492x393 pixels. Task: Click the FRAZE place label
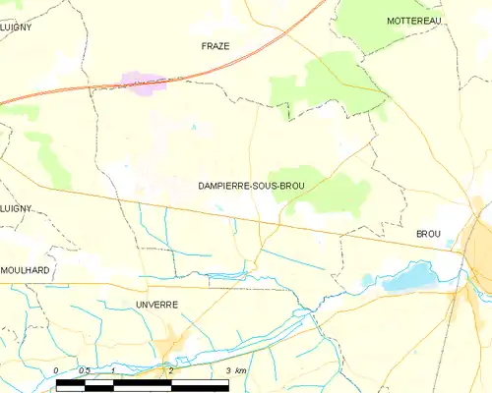point(215,46)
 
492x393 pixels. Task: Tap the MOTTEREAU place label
point(414,21)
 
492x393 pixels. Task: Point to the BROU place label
point(428,234)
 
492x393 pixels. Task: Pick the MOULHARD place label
point(26,268)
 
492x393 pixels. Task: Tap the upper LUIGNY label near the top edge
point(16,28)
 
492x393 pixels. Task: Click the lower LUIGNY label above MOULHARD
point(16,208)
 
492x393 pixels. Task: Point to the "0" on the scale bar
point(56,369)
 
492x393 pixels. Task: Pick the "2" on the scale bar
point(170,369)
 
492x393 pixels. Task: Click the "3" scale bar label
point(227,369)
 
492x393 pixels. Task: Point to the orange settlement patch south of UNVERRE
point(172,344)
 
